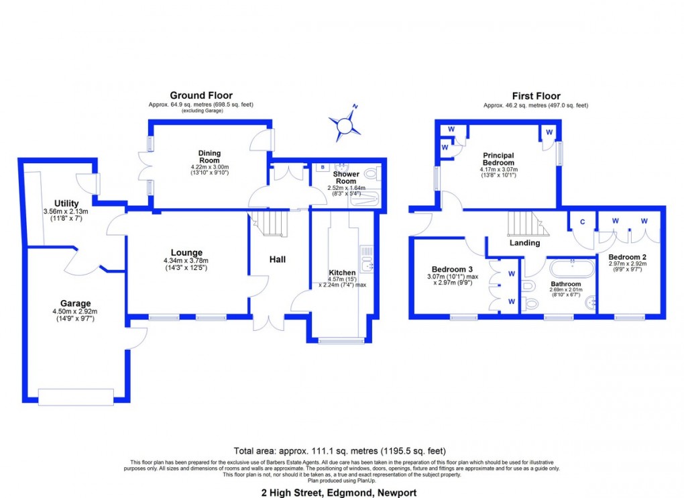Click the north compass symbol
[x=345, y=123]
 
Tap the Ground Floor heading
[x=201, y=96]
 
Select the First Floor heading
[x=536, y=96]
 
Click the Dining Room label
[x=209, y=156]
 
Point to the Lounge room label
[x=186, y=253]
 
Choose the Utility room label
[x=66, y=203]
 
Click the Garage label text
[x=74, y=303]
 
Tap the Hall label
[x=278, y=259]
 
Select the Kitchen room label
[x=342, y=272]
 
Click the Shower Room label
[x=345, y=177]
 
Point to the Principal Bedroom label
[x=499, y=158]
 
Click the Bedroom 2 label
[x=627, y=257]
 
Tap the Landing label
[x=524, y=243]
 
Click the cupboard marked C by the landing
[x=582, y=221]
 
